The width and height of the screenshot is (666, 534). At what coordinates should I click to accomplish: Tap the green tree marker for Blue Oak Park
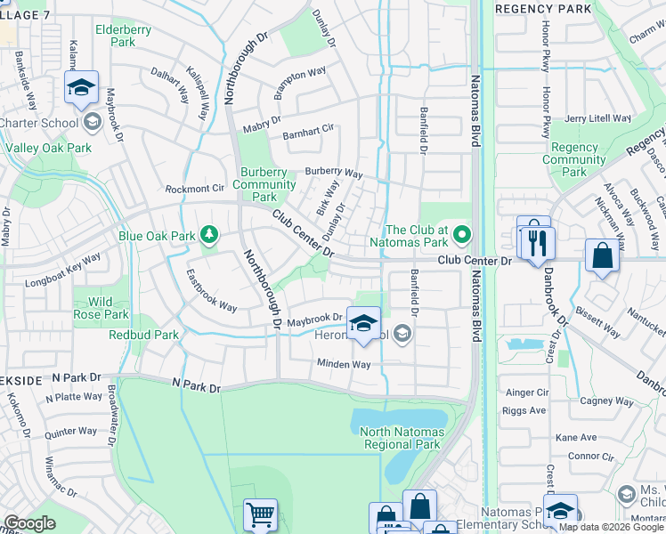pos(209,235)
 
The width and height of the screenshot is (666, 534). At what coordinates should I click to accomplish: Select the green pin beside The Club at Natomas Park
pos(461,236)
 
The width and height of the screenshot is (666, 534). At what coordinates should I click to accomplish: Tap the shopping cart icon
pos(260,514)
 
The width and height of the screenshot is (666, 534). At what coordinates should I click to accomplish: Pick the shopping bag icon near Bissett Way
pos(602,255)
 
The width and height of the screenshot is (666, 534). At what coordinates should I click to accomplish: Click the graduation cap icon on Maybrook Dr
pos(362,325)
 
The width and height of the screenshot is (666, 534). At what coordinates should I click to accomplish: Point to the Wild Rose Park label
pos(103,308)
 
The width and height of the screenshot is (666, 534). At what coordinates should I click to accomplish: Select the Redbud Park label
pos(143,336)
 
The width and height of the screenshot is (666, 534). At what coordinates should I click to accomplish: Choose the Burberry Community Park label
pos(264,184)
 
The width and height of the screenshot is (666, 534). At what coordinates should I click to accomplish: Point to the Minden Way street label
pos(344,364)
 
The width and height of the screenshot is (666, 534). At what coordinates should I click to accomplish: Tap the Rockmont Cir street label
pos(194,189)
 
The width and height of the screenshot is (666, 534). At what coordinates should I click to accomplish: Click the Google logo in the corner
pos(29,523)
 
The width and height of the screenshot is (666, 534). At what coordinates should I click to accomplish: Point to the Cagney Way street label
pos(607,402)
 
